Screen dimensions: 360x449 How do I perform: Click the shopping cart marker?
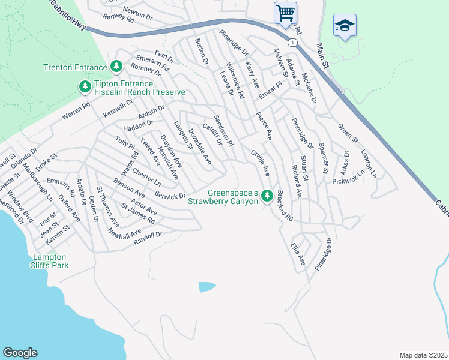(285, 12)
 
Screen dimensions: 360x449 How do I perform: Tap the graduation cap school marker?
(345, 25)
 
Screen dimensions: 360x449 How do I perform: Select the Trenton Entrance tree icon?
(116, 66)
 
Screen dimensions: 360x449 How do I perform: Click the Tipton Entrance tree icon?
(85, 88)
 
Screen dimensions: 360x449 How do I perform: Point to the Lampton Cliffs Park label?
(50, 260)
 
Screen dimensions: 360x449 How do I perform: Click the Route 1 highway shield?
(291, 43)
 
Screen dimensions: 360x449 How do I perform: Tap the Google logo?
(20, 353)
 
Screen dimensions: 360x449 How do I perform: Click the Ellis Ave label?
(298, 254)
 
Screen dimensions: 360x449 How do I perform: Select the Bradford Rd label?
(284, 205)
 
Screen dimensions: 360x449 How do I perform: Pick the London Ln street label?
(368, 163)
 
